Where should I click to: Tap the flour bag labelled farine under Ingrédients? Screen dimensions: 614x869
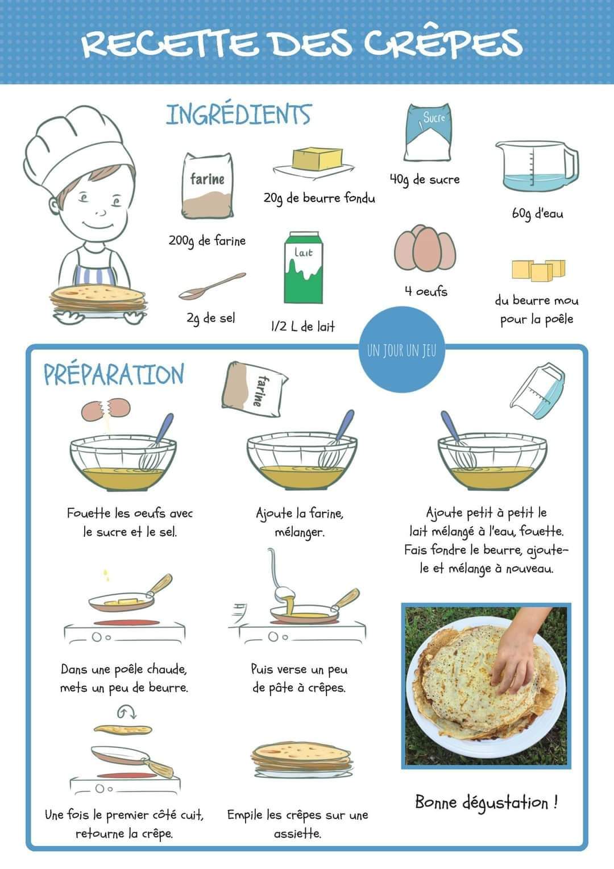click(x=208, y=185)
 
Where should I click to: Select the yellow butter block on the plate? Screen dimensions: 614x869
click(x=317, y=159)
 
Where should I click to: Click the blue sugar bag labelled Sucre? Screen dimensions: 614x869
click(x=428, y=132)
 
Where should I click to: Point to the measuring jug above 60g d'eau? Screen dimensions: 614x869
click(x=537, y=166)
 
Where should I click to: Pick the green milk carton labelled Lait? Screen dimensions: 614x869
click(x=304, y=268)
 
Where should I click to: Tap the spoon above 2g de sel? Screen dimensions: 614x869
click(x=212, y=286)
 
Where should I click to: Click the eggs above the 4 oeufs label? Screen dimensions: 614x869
click(x=425, y=249)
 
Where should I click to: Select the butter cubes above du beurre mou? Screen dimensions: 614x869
click(x=538, y=270)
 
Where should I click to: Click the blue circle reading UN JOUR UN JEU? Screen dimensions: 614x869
click(x=401, y=349)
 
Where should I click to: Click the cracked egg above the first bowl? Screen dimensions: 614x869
click(x=105, y=409)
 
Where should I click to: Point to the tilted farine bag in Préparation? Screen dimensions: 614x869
click(x=254, y=390)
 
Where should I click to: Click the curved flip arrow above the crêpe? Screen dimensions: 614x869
click(x=127, y=711)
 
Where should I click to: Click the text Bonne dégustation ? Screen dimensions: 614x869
click(x=487, y=802)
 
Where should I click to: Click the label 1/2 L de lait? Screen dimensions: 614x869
click(x=302, y=326)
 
